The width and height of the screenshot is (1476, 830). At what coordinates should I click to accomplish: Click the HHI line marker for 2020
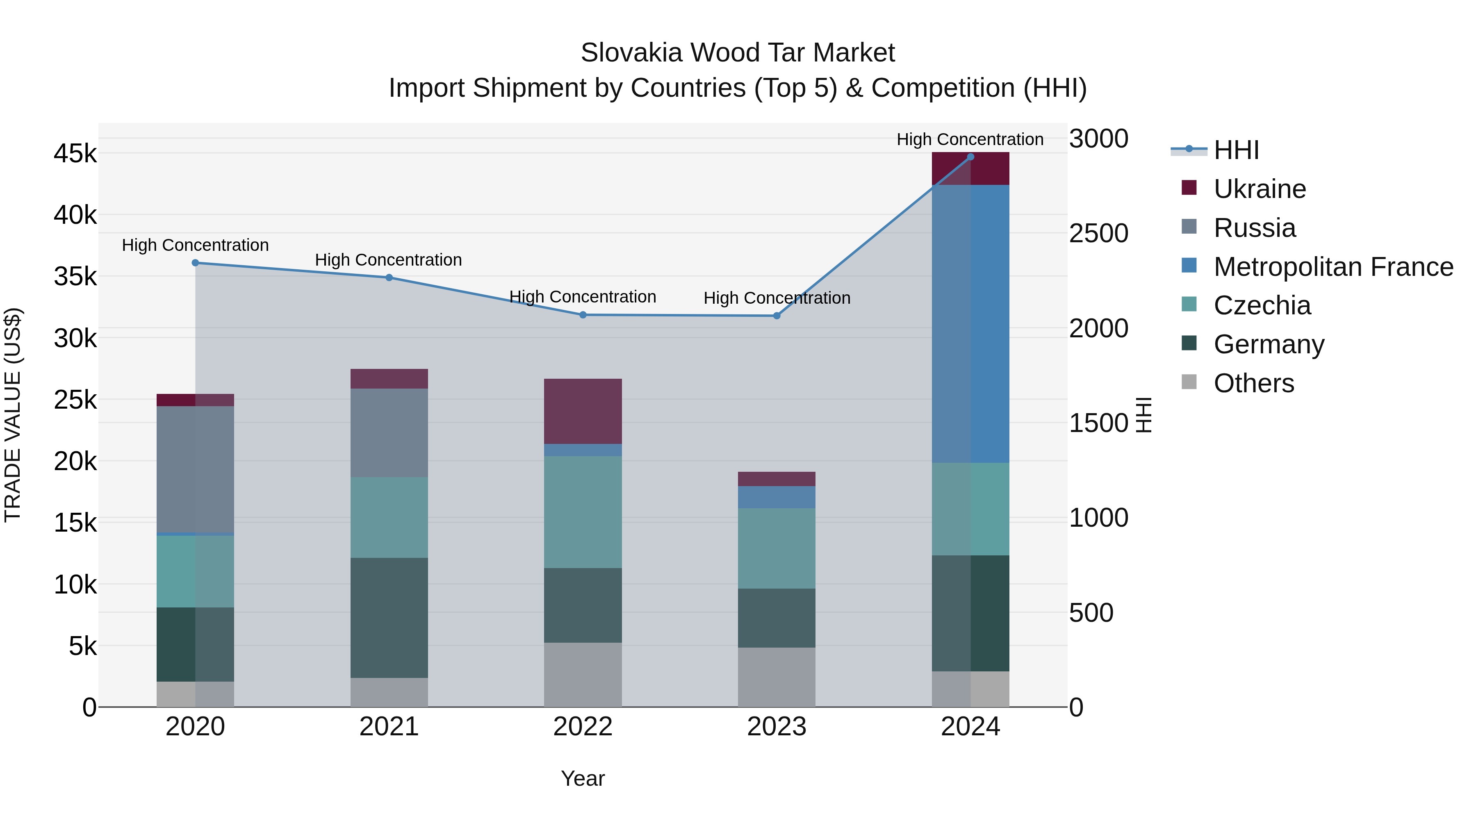coord(196,263)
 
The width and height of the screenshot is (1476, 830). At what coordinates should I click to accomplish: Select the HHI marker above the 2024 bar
coord(970,157)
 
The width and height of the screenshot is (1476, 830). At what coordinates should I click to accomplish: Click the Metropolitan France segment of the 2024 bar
coord(970,324)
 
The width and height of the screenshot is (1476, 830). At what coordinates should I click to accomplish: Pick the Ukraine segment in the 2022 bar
coord(583,411)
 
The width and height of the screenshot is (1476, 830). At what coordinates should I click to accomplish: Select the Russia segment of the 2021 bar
coord(389,433)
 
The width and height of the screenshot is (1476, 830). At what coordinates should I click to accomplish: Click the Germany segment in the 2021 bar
coord(389,618)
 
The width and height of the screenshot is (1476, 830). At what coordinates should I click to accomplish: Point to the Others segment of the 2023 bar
coord(777,677)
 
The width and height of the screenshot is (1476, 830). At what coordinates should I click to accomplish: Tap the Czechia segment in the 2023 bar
coord(777,548)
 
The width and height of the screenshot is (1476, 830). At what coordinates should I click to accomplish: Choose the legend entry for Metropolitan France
coord(1333,267)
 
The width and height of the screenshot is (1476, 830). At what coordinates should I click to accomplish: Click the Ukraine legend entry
coord(1260,189)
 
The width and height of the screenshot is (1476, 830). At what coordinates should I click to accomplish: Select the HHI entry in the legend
coord(1236,150)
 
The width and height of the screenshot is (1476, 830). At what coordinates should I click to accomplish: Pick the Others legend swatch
coord(1189,382)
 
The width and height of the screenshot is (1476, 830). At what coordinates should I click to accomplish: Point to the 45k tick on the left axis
coord(75,154)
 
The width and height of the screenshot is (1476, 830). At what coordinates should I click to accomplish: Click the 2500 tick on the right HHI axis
coord(1098,234)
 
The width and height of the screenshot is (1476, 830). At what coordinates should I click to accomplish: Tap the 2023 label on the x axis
coord(777,727)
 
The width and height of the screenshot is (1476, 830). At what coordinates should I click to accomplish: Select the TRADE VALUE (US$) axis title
coord(13,415)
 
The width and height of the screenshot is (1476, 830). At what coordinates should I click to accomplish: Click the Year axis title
coord(583,778)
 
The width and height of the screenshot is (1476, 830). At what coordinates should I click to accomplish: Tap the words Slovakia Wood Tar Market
coord(738,53)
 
